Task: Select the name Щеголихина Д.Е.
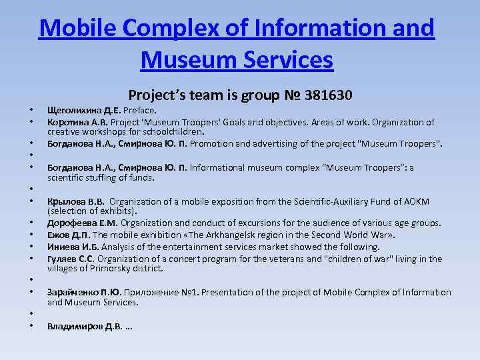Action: (84, 111)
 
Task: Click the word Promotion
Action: (213, 143)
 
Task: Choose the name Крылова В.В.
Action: (76, 201)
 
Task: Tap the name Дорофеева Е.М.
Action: (81, 223)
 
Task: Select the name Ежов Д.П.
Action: (69, 235)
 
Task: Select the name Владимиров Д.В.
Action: (85, 326)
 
